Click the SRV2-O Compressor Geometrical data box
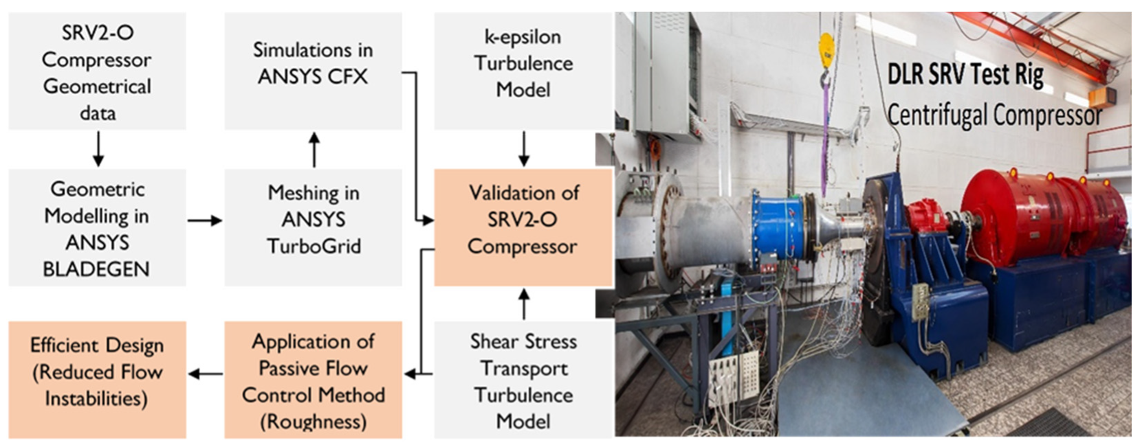(97, 71)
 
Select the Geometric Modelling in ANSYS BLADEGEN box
(97, 228)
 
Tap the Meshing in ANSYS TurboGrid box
(314, 220)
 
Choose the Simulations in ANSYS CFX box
(314, 63)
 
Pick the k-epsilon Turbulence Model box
(523, 63)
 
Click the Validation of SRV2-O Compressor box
(523, 220)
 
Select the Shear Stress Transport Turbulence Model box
(523, 380)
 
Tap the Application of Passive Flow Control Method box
(314, 380)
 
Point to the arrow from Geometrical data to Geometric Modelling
(98, 149)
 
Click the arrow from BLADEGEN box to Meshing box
(205, 220)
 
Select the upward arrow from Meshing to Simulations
(314, 149)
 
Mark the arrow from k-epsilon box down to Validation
(524, 149)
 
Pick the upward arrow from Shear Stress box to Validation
(524, 304)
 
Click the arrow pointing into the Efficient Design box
(205, 374)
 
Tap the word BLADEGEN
(96, 269)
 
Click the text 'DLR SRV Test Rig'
(965, 75)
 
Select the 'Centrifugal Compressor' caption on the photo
(994, 115)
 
